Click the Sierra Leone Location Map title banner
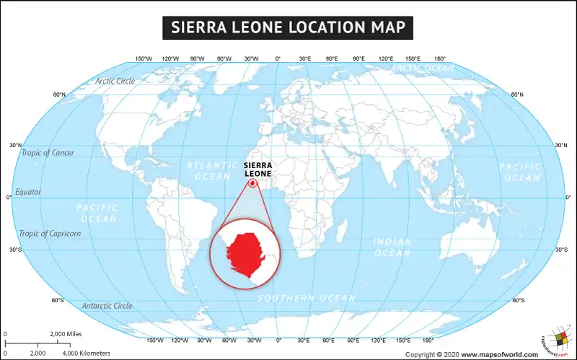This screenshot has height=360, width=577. point(288,27)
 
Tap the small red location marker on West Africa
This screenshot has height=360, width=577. point(253,183)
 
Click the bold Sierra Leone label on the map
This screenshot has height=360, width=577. point(259,169)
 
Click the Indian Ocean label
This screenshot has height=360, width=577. point(392,247)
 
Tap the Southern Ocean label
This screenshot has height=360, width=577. point(307,298)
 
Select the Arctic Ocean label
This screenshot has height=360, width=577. point(423,68)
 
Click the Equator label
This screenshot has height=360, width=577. point(28,192)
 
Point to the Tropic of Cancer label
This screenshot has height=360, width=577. point(48,152)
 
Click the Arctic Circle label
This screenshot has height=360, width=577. point(115,81)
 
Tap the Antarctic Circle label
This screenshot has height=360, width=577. point(107,306)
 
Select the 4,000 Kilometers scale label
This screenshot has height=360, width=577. point(86,353)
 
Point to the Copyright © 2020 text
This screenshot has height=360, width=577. point(432,354)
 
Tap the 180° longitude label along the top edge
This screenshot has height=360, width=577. point(439,58)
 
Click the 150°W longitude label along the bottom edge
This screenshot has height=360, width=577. point(155,340)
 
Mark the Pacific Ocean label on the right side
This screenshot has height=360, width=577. point(521,172)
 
